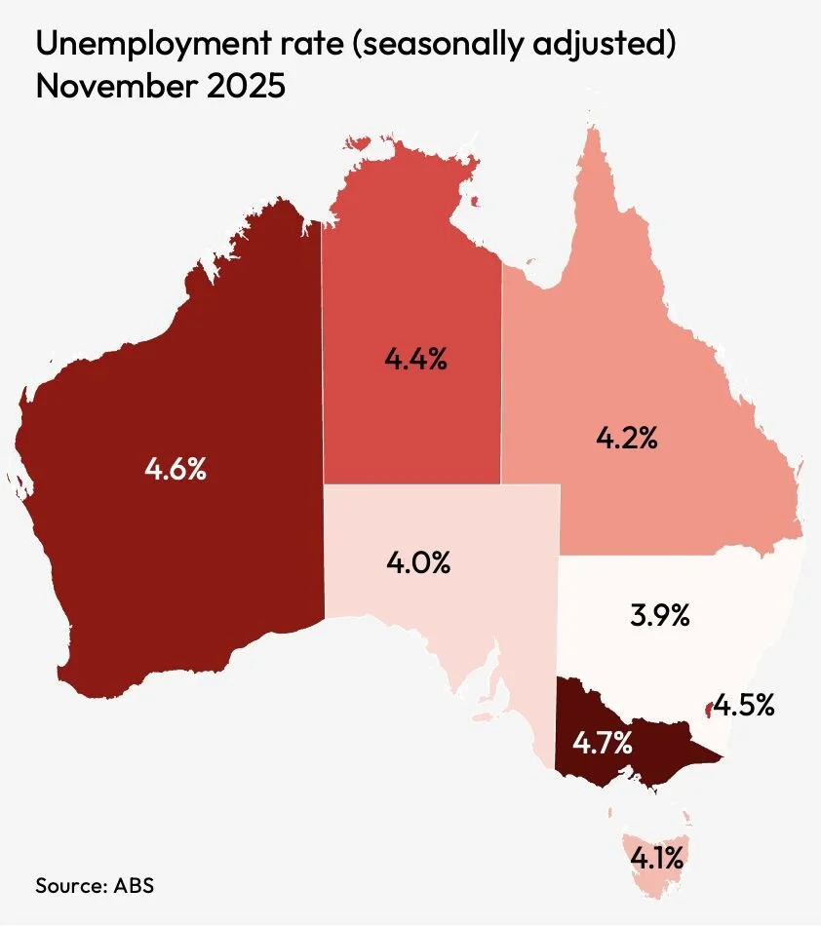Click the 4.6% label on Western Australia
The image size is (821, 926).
tap(176, 469)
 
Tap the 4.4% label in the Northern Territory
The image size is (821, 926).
tap(415, 360)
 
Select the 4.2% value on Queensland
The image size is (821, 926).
tap(627, 439)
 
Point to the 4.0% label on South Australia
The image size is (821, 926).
tap(419, 562)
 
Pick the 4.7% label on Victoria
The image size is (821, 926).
tap(603, 745)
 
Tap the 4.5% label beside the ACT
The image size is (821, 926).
tap(744, 705)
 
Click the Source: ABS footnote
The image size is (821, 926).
tap(95, 886)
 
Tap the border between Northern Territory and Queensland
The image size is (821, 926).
tap(501, 370)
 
